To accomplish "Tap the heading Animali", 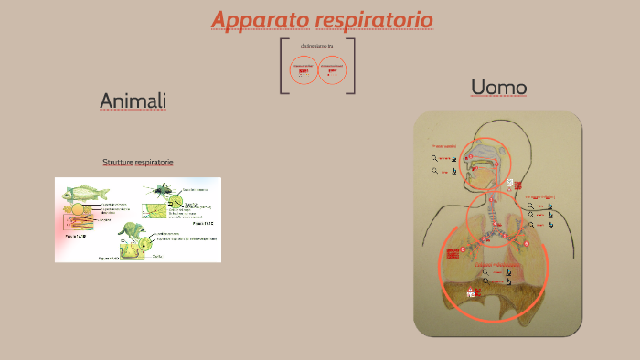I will coord(133,101).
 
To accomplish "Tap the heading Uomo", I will coord(498,87).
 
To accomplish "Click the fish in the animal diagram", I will coord(86,194).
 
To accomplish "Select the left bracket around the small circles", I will coord(283,66).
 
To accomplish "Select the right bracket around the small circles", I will coord(352,66).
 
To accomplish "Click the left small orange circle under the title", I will coord(303,70).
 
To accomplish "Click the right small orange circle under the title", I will coord(332,70).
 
